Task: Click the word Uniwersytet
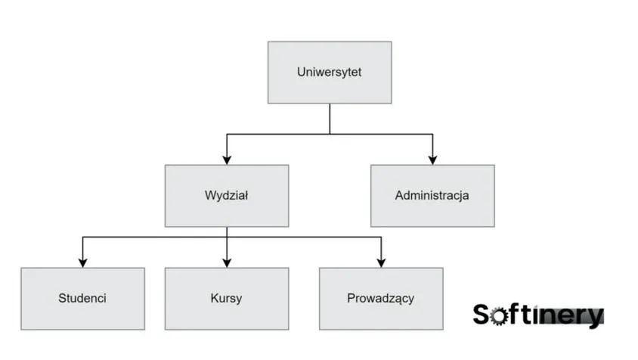coord(330,73)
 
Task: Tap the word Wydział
coord(227,196)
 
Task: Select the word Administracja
coord(432,196)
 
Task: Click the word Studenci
coord(82,298)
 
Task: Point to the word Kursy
coord(227,298)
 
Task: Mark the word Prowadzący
coord(380,299)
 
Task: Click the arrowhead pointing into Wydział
coord(227,160)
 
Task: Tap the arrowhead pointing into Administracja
coord(432,160)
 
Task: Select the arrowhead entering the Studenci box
coord(82,262)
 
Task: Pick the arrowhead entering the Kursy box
coord(227,262)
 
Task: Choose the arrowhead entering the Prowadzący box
coord(380,262)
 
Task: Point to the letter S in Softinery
coord(482,314)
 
